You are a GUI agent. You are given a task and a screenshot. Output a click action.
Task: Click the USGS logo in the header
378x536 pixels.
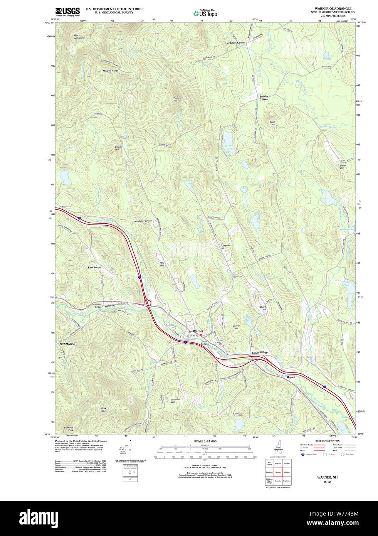pos(67,11)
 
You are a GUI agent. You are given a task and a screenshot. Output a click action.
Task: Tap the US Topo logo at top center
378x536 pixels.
pos(205,13)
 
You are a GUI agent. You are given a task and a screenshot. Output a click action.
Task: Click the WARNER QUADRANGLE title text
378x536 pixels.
pos(333,8)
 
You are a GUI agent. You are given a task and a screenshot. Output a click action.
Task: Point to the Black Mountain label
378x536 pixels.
pos(79,37)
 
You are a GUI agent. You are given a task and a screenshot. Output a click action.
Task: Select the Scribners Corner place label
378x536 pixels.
pos(235,43)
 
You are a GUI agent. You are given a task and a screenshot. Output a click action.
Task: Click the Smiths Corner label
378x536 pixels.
pos(264,98)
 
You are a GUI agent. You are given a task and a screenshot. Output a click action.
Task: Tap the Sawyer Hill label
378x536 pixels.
pos(177,99)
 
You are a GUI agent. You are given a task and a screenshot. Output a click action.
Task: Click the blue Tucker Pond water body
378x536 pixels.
pos(228,138)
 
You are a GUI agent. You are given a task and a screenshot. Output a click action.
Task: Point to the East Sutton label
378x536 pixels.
pos(94,267)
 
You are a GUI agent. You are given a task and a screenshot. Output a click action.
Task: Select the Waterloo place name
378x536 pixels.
pos(110,306)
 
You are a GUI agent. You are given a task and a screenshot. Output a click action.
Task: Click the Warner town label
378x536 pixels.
pos(198,331)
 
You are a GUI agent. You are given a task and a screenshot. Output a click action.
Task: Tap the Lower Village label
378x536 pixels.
pos(260,352)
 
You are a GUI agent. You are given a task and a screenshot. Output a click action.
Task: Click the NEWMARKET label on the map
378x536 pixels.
pos(68,344)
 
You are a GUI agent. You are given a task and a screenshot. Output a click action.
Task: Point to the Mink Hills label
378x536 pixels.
pos(103,410)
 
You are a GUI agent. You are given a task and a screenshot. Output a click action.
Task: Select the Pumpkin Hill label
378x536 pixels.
pos(225,247)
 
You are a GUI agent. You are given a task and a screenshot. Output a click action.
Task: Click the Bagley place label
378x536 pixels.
pos(291,377)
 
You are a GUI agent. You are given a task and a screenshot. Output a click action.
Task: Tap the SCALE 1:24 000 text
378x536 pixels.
pos(205,441)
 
